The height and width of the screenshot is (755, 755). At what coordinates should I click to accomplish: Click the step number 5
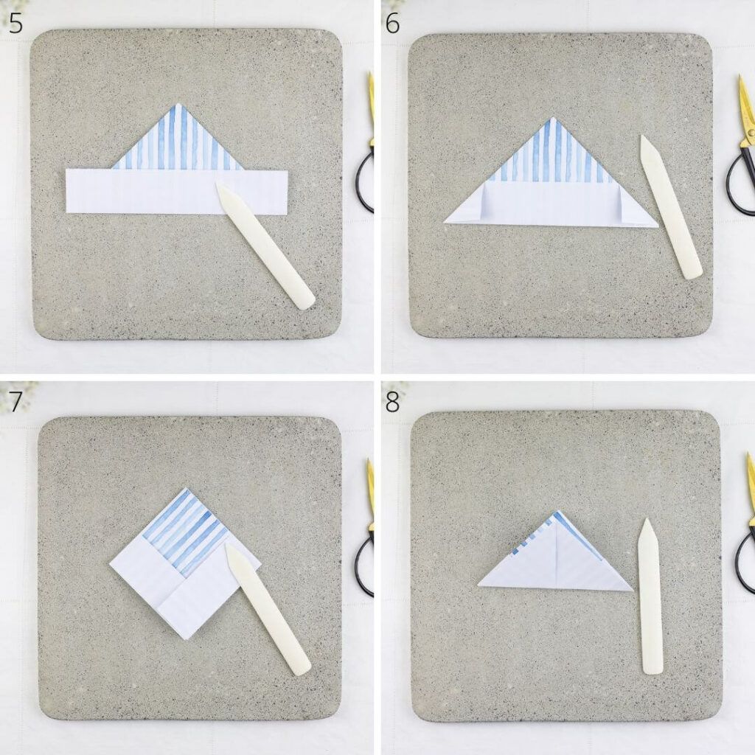[15, 24]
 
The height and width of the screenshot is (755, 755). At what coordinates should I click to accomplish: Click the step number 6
[392, 24]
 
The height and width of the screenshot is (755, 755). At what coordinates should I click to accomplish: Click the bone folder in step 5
[265, 245]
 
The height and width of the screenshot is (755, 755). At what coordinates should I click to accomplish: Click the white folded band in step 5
[177, 191]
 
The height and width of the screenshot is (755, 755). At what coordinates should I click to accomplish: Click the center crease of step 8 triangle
[557, 553]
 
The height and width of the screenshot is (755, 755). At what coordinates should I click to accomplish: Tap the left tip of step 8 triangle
[479, 585]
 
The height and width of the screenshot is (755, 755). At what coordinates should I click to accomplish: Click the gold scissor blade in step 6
[746, 111]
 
